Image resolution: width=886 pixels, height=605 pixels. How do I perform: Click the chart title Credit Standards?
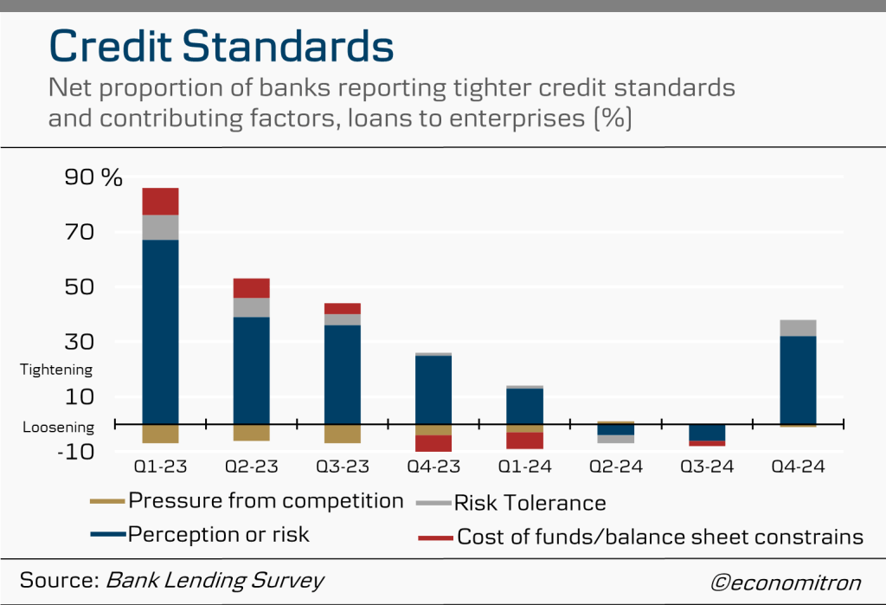point(221,45)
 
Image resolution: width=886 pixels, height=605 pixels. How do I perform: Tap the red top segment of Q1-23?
point(160,201)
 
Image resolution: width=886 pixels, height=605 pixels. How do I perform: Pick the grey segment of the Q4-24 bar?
point(797,327)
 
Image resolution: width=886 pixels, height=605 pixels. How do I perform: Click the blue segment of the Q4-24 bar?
point(797,379)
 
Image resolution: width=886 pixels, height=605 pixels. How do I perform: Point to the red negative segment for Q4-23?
point(433,443)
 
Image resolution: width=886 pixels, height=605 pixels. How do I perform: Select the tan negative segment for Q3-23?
point(342,434)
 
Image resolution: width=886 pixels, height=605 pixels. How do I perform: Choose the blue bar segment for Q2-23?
point(251,370)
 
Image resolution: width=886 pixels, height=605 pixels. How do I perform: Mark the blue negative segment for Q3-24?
point(707,432)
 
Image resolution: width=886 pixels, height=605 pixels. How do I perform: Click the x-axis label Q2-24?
point(615,467)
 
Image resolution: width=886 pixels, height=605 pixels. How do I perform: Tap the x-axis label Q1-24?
point(524,467)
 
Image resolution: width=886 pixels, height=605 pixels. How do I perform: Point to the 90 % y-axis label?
point(93,177)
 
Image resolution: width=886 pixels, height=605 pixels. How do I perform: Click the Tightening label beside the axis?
point(56,370)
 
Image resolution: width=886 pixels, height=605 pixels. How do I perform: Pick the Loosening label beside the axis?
point(57,428)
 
